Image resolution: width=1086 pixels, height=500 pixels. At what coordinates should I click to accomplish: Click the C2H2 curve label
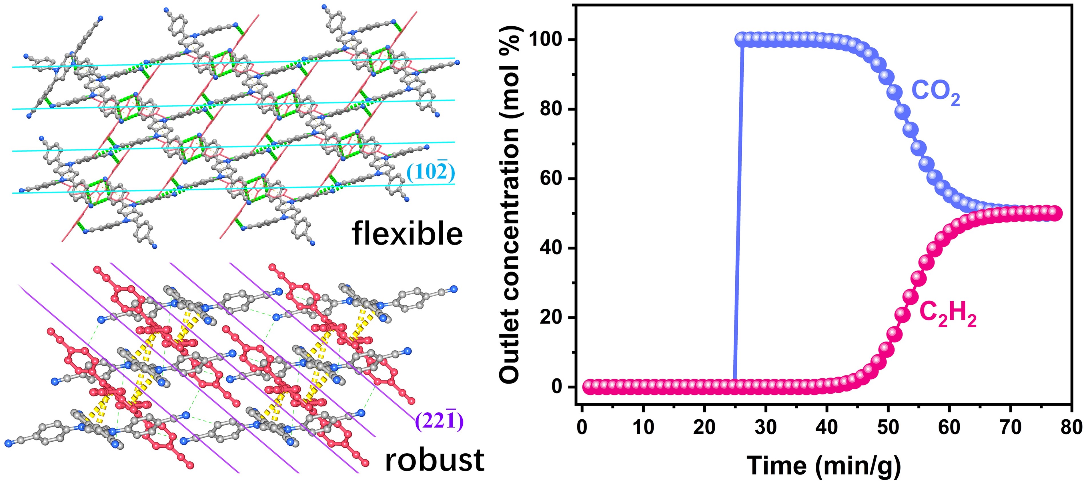(947, 315)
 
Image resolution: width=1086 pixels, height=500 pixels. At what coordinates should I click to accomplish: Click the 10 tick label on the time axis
(643, 427)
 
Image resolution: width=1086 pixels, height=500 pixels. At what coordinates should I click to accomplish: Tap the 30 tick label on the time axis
(765, 427)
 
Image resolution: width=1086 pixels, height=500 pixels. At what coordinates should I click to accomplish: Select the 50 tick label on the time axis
(888, 427)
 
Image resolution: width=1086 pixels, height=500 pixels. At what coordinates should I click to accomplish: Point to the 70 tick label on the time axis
(1010, 427)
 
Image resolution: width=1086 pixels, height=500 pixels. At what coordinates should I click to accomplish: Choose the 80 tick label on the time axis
(1071, 427)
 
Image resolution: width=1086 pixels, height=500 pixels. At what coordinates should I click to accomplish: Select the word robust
(434, 460)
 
